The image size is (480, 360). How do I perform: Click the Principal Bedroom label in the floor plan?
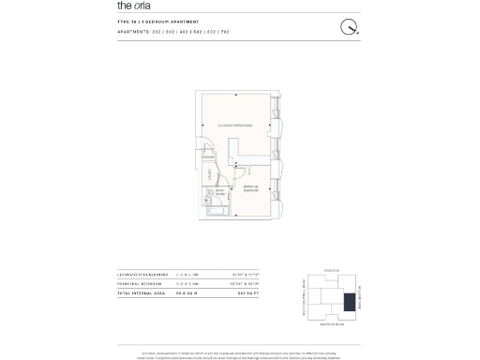tap(251, 189)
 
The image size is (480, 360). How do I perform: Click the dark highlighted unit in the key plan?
tap(350, 303)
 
